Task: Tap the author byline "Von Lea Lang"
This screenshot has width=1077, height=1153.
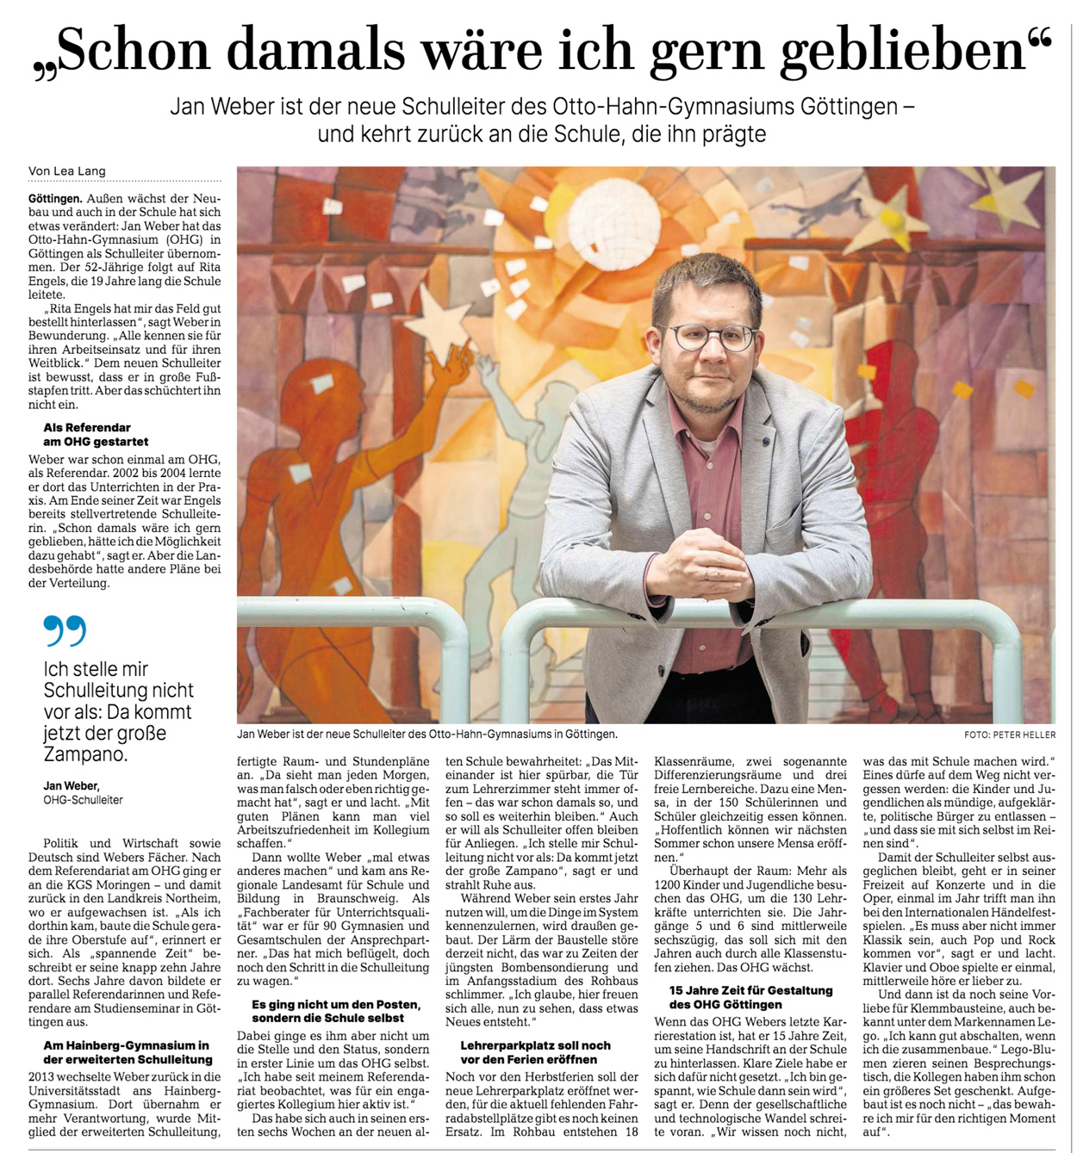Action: coord(67,170)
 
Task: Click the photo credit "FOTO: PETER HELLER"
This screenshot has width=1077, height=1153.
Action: coord(1010,735)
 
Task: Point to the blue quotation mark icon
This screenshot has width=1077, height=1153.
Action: coord(65,630)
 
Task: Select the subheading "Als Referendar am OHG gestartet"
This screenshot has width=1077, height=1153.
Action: coord(96,434)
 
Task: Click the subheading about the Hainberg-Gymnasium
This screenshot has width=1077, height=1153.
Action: coord(126,1052)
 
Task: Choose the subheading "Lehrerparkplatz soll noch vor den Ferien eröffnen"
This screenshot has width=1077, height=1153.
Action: coord(535,1052)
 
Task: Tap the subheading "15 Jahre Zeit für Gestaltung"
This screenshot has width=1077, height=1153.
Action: coord(750,997)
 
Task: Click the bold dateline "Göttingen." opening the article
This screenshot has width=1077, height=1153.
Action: coord(54,198)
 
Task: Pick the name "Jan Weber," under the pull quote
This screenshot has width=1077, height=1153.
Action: coord(72,785)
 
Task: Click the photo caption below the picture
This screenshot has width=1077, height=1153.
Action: coord(426,735)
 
